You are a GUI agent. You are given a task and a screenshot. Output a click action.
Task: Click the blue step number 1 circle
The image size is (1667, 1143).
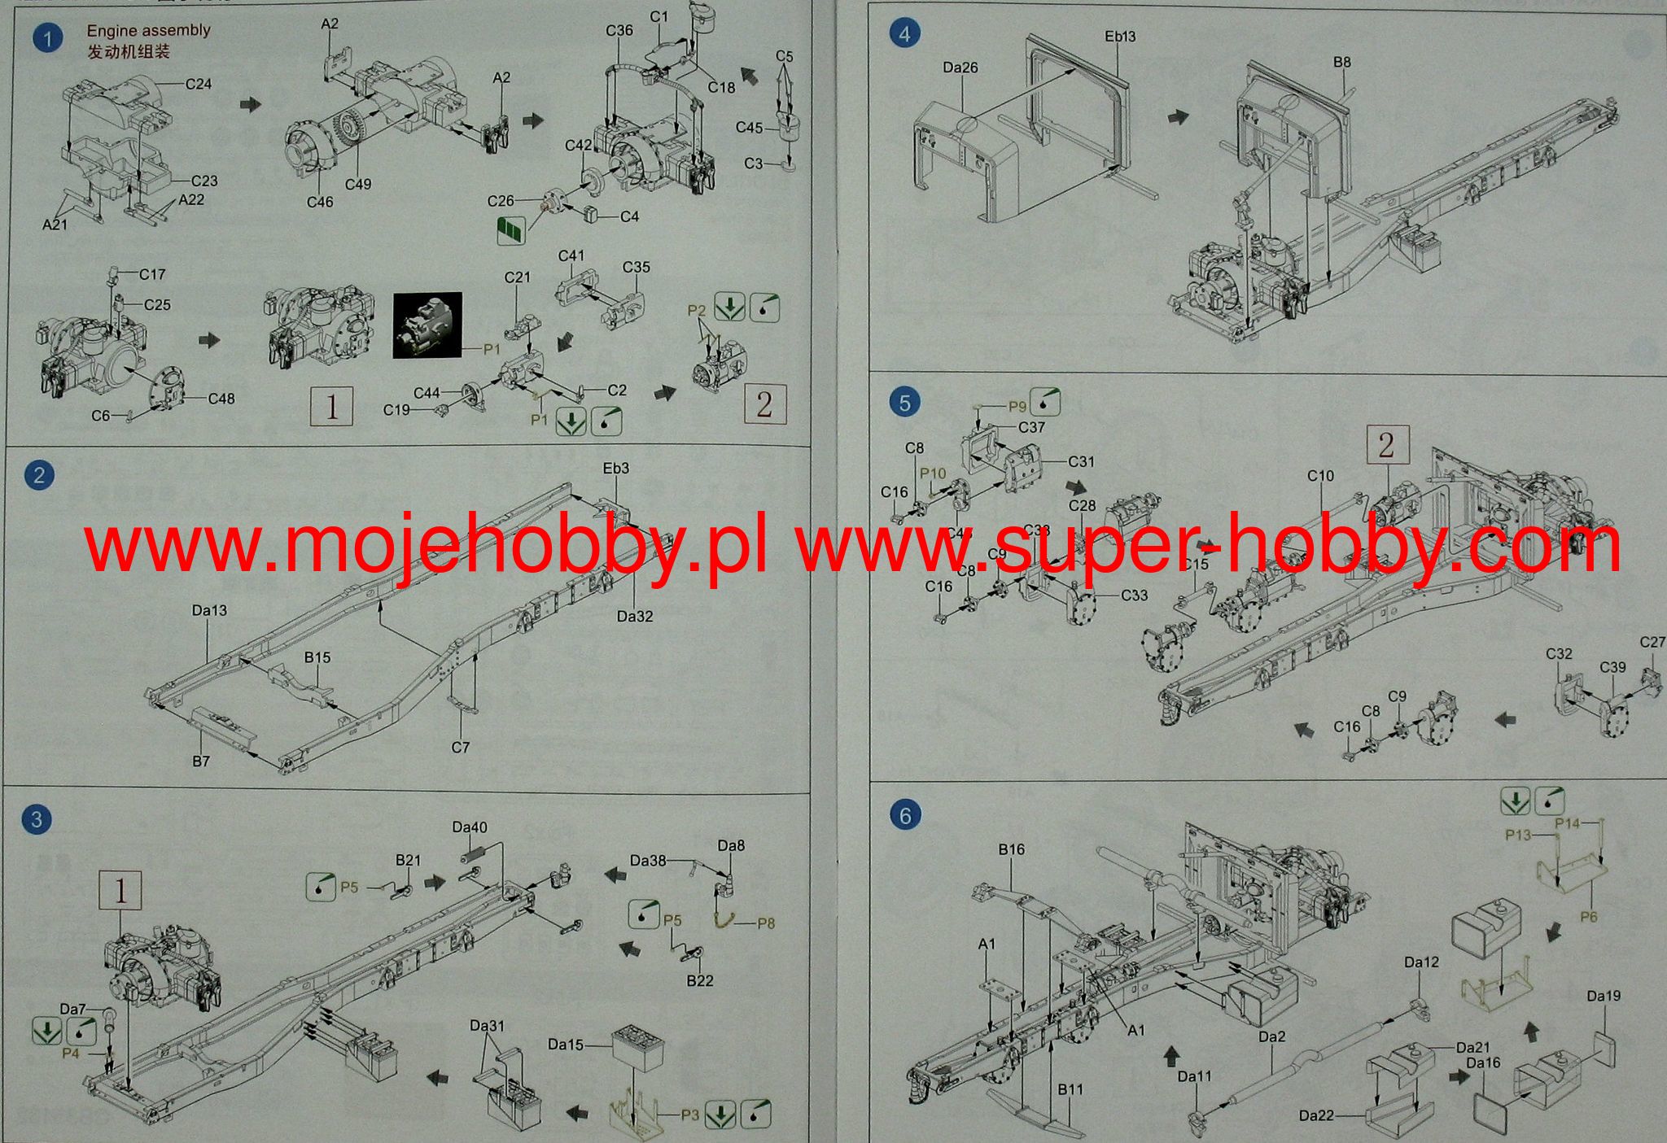(x=48, y=38)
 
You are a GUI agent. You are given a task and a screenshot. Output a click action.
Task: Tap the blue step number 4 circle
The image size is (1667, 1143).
(x=904, y=34)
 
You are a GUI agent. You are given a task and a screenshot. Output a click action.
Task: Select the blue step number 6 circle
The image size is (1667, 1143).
(x=905, y=814)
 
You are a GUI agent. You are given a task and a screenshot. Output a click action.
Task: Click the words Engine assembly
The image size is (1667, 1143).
(x=148, y=31)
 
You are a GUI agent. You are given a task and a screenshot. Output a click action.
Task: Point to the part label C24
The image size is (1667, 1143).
(x=199, y=84)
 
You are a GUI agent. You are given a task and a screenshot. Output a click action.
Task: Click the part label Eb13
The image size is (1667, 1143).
(x=1120, y=37)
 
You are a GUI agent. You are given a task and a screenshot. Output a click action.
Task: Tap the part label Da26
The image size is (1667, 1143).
(x=960, y=68)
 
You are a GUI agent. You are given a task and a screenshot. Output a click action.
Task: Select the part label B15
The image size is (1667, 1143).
(x=317, y=657)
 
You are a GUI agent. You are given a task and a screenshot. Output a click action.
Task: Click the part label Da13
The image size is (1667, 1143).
(x=209, y=610)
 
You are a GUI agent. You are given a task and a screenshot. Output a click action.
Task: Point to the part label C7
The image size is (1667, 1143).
(x=461, y=747)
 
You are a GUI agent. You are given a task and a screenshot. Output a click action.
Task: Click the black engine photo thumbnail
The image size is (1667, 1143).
(x=427, y=325)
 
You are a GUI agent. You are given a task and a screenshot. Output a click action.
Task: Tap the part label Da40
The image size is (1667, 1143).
(x=470, y=827)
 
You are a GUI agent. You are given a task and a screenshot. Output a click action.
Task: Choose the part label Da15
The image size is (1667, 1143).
(x=566, y=1044)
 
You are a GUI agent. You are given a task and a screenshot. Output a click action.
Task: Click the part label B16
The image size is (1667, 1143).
(x=1012, y=849)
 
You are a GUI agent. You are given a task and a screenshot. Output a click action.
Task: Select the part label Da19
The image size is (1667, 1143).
(x=1604, y=996)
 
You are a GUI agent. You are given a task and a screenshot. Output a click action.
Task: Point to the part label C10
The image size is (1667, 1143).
(x=1320, y=476)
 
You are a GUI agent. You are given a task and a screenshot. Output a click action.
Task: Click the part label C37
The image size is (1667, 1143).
(x=1031, y=427)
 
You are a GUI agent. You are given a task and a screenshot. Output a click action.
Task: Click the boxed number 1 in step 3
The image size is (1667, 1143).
(x=120, y=892)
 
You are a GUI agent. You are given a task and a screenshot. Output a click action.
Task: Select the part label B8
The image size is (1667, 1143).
(x=1342, y=62)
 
